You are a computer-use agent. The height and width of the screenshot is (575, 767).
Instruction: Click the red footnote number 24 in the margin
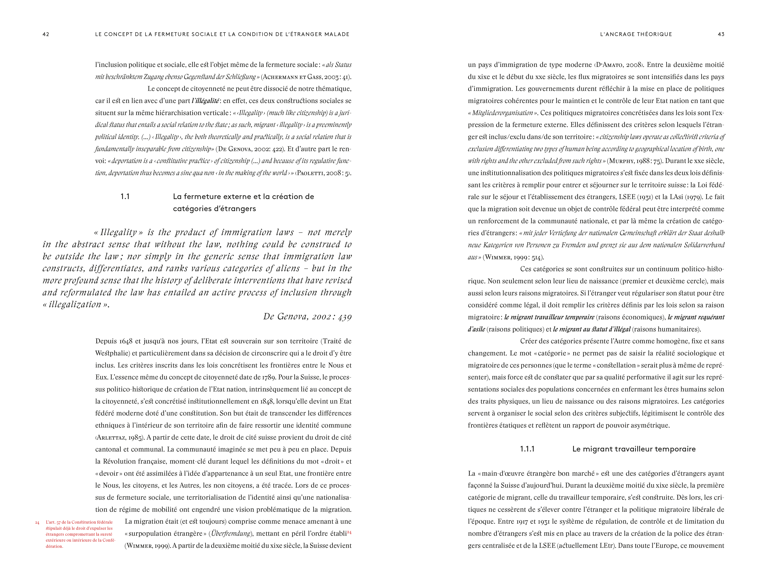tap(37, 522)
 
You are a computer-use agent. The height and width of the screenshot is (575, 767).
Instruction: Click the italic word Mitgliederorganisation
tap(502, 113)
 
